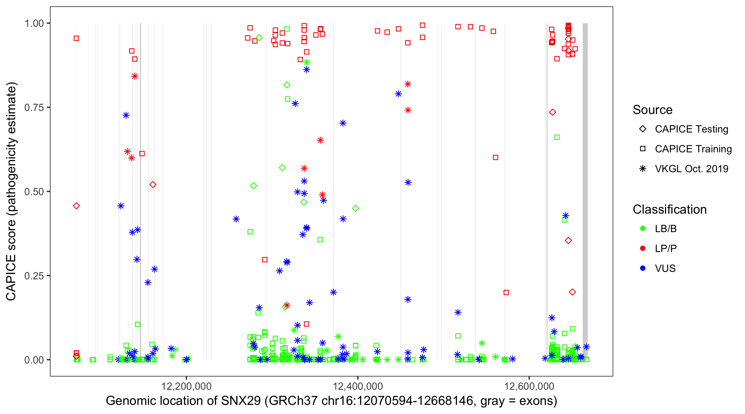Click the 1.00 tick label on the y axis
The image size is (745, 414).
click(34, 23)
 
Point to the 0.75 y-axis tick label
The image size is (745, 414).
click(34, 108)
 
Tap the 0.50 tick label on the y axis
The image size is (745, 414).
click(34, 192)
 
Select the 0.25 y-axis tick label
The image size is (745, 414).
click(34, 276)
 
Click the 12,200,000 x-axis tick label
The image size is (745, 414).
click(186, 386)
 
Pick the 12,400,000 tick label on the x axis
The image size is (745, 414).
click(358, 386)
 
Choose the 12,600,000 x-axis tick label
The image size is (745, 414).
click(529, 386)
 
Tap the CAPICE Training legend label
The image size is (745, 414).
click(693, 149)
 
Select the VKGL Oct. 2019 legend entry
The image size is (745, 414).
click(691, 169)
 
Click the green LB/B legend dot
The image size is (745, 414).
click(643, 229)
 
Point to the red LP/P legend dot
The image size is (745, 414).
click(643, 248)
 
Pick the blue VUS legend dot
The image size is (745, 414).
click(643, 269)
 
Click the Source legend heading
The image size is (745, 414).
click(653, 110)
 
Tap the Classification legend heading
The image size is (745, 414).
click(669, 209)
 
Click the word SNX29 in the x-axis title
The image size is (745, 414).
click(241, 401)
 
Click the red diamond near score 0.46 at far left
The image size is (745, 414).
click(76, 206)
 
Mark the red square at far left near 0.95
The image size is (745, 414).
click(76, 38)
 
